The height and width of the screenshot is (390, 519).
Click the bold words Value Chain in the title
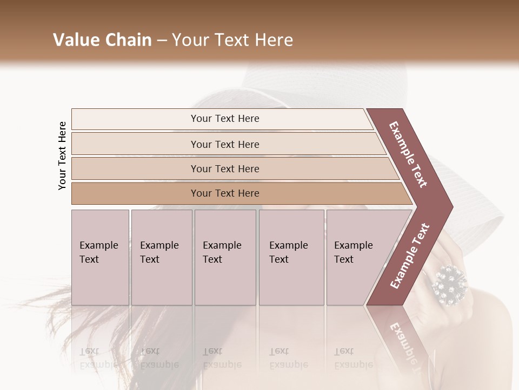click(102, 40)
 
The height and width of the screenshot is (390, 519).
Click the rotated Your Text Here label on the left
click(62, 155)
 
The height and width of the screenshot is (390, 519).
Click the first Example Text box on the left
click(100, 257)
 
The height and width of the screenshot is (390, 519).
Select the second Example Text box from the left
click(161, 257)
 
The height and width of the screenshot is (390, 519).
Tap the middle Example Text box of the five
click(225, 257)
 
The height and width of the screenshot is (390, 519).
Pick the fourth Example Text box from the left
click(291, 257)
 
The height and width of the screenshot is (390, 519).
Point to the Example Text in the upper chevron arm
click(408, 154)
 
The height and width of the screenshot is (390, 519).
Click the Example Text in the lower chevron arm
click(410, 256)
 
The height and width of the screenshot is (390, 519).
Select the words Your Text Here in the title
click(232, 40)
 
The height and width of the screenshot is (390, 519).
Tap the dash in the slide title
click(161, 40)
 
